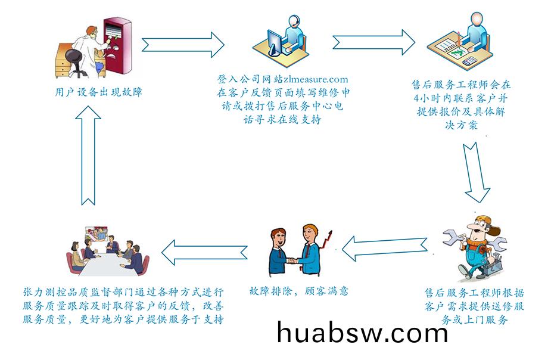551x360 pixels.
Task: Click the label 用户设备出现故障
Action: click(99, 92)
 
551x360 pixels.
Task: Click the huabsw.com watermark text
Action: click(362, 332)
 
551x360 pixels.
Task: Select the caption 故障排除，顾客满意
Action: click(298, 291)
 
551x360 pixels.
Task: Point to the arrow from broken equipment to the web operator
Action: click(183, 45)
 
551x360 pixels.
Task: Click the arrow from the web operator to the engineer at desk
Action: click(374, 42)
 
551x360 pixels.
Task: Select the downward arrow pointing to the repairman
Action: click(476, 172)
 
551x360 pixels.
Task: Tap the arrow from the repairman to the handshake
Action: click(385, 249)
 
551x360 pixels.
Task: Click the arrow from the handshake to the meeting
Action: click(204, 252)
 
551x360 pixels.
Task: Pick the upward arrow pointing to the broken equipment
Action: click(88, 156)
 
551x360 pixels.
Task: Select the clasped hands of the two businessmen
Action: click(292, 261)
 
